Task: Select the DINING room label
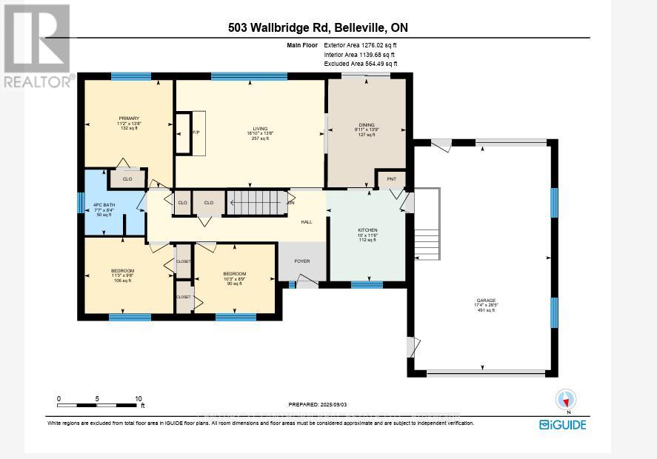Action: click(x=366, y=124)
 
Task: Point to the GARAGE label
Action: click(x=485, y=301)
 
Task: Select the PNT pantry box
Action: click(x=391, y=179)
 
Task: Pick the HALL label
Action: click(x=306, y=222)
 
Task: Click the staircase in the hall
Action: click(x=256, y=203)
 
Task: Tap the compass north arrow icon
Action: click(x=566, y=401)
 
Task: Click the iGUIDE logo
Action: click(x=563, y=424)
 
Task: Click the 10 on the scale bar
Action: click(x=138, y=398)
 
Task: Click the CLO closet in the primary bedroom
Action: click(x=127, y=178)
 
